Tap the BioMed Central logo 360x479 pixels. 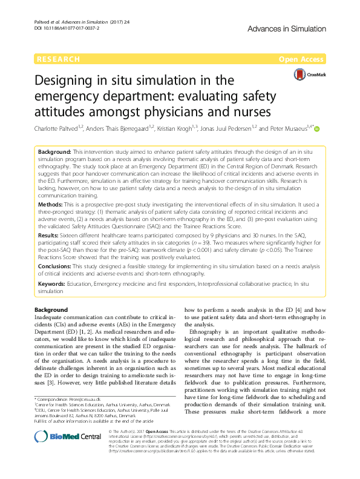pyautogui.click(x=60, y=438)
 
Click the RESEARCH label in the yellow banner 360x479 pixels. pyautogui.click(x=58, y=59)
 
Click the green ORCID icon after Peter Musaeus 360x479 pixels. pyautogui.click(x=316, y=128)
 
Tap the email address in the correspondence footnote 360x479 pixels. pyautogui.click(x=84, y=400)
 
